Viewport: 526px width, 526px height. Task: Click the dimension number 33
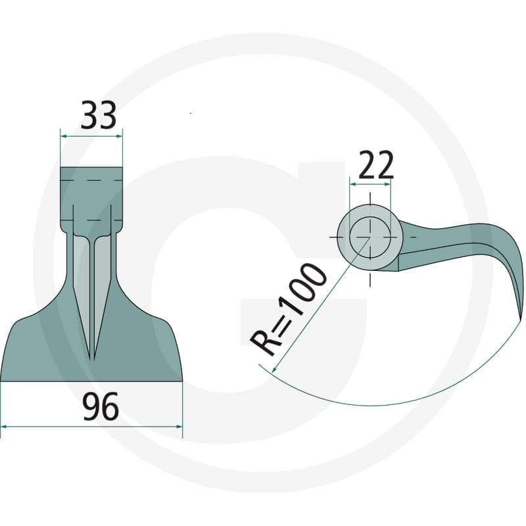pos(98,115)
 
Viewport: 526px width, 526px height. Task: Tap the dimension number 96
pos(101,406)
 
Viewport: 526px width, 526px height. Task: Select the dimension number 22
pos(375,165)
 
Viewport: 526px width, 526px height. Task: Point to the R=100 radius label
pos(288,309)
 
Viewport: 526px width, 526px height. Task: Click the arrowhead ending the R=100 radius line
pos(274,369)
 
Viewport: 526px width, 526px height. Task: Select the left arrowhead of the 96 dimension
pos(4,427)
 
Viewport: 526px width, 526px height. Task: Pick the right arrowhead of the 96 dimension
pos(179,427)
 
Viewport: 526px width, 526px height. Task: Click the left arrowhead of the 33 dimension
pos(63,136)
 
